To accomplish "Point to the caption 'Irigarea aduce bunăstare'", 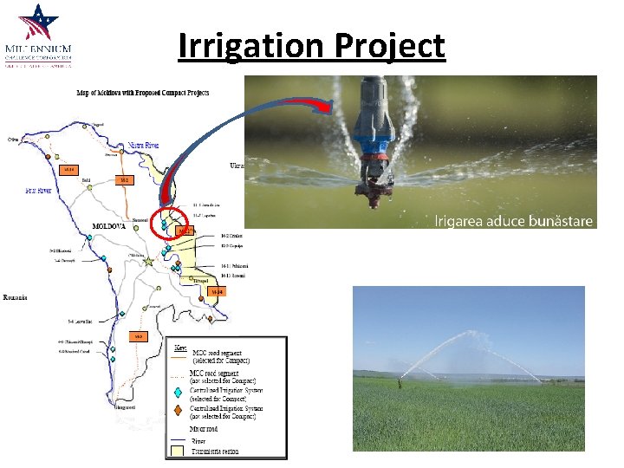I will pos(513,221).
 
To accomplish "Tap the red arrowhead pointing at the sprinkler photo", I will pos(325,107).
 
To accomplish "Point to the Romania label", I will pos(16,297).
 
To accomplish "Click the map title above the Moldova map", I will pos(156,93).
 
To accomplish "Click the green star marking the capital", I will pos(149,260).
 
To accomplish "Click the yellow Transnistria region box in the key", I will pos(179,451).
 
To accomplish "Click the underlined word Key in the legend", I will pos(180,348).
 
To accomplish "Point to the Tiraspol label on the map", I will pos(200,281).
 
